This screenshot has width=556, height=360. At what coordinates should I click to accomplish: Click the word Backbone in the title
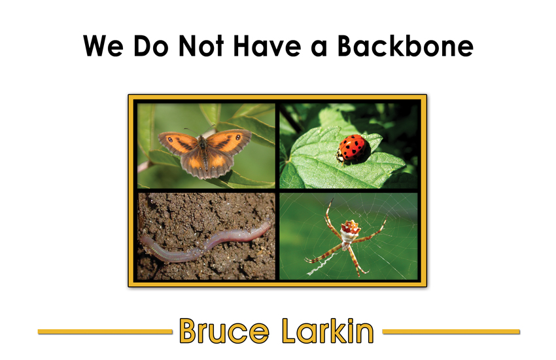(x=406, y=46)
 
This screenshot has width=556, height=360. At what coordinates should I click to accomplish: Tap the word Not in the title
(x=201, y=46)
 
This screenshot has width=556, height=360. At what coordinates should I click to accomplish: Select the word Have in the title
(x=268, y=46)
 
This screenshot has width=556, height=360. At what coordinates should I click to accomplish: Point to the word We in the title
(x=103, y=46)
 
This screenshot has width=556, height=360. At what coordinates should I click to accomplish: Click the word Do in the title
(x=150, y=46)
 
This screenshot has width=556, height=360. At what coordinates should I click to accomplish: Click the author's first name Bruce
(x=224, y=331)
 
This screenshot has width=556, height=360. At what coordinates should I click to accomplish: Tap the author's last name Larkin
(x=328, y=331)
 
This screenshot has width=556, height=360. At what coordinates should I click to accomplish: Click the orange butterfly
(x=204, y=153)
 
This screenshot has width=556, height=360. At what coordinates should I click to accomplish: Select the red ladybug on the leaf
(x=353, y=150)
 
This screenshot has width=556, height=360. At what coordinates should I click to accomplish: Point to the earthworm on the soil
(x=205, y=241)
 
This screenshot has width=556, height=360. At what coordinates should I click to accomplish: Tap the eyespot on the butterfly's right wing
(x=238, y=137)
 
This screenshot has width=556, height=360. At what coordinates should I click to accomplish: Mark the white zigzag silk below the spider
(x=321, y=265)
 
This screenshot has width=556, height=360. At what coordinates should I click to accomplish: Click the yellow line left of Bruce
(x=105, y=332)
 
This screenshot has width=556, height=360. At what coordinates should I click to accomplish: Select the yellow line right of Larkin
(x=451, y=332)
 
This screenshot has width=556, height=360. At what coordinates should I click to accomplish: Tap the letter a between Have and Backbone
(x=319, y=49)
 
